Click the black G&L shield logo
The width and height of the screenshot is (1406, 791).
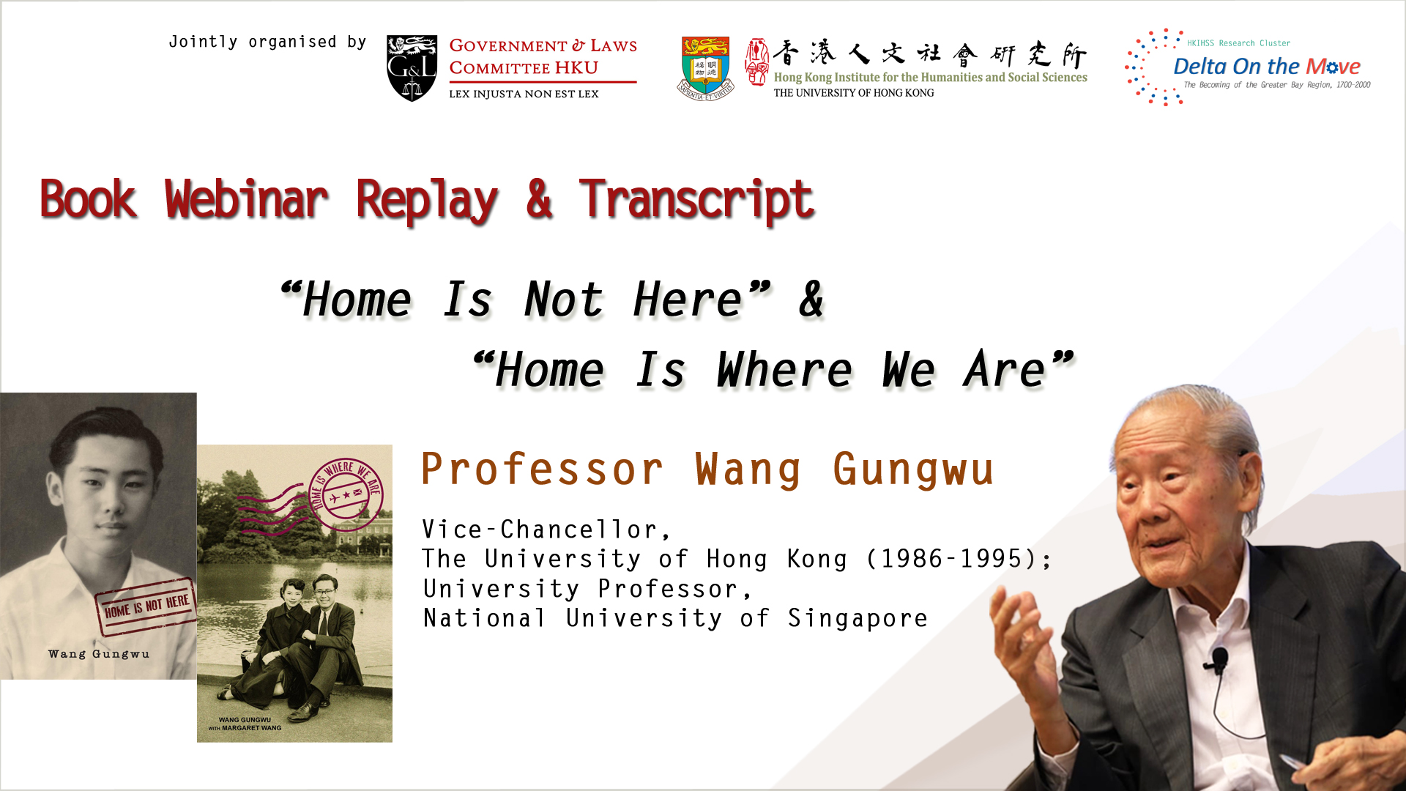412,67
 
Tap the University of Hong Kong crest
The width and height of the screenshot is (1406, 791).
705,68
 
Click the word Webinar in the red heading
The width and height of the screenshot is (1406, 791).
246,199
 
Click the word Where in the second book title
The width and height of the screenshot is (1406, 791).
784,369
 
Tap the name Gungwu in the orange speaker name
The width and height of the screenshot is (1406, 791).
913,470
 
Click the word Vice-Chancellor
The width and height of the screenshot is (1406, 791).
546,530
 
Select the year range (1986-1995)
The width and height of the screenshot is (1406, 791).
957,559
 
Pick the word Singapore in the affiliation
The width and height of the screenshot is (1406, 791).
858,618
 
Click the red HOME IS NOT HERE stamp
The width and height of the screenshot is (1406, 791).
146,606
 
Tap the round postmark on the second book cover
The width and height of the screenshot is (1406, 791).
345,495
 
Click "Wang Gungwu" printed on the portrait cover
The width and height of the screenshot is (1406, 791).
99,654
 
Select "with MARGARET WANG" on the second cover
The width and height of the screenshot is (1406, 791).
245,728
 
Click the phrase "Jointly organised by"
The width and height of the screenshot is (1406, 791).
267,42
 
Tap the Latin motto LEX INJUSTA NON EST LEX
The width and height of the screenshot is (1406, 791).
524,94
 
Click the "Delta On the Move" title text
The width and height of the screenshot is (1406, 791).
1266,67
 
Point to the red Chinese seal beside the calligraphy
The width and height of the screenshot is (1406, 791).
756,62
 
